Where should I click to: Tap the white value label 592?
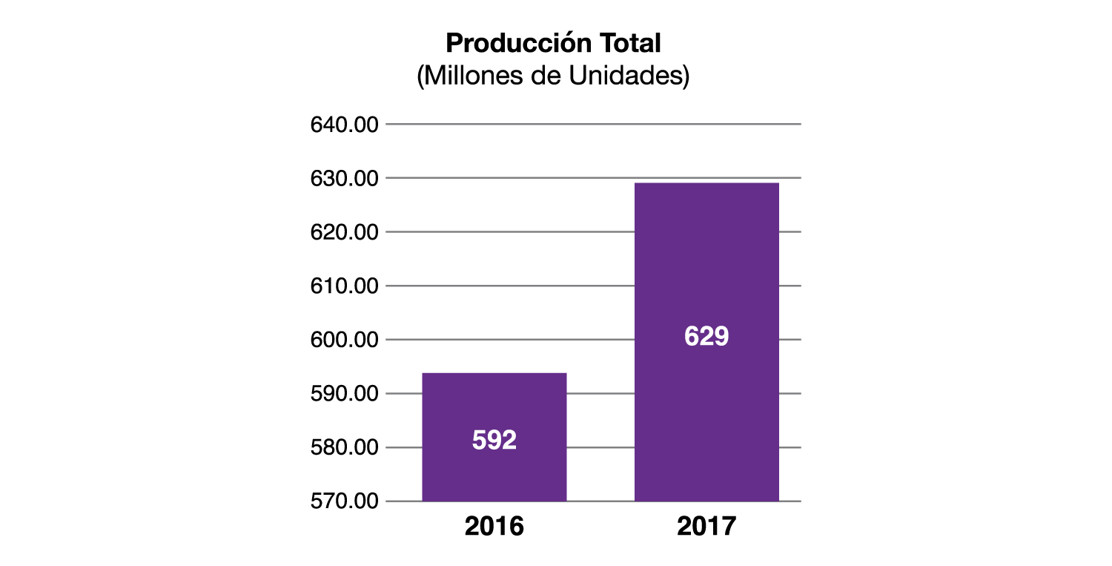(x=494, y=441)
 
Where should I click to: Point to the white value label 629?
(x=706, y=337)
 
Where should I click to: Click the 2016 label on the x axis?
(x=494, y=526)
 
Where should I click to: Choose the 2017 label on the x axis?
(x=706, y=526)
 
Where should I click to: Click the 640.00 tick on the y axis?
(x=344, y=125)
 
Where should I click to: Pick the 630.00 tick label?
(x=344, y=179)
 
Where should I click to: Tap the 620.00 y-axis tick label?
(x=344, y=232)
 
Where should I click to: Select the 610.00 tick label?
(x=344, y=286)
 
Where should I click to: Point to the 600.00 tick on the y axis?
(x=344, y=340)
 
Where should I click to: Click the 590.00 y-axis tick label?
(x=344, y=394)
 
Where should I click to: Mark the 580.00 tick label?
(x=344, y=448)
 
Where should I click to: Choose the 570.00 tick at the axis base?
(x=344, y=501)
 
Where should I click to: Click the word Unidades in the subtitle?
(x=632, y=76)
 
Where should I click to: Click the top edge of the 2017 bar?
(x=706, y=183)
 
